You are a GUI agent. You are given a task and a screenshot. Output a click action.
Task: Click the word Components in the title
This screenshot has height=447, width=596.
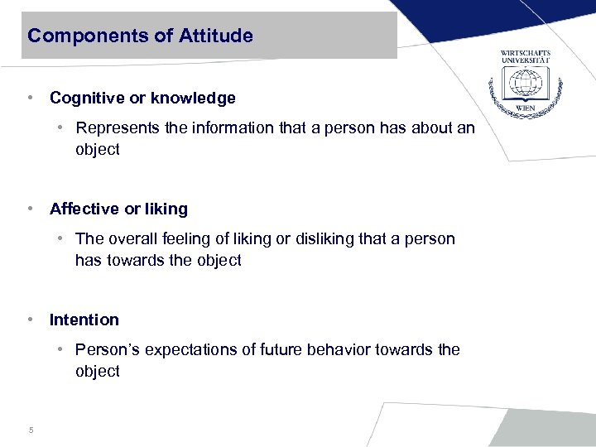coord(78,36)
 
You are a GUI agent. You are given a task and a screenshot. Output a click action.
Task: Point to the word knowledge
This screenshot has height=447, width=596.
coord(194,99)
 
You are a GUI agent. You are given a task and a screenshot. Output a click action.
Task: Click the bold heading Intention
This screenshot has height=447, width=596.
coord(84,320)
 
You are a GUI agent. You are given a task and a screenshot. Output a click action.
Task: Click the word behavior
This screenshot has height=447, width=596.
coord(340,349)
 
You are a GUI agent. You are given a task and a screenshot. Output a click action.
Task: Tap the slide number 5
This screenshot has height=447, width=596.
coord(31,430)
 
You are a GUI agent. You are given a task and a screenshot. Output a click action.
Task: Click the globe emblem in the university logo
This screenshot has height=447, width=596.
coord(525,83)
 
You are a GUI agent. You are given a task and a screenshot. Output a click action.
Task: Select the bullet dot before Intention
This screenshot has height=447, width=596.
coord(30,320)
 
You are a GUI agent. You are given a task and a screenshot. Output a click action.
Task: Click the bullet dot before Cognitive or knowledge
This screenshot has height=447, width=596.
coord(30,99)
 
